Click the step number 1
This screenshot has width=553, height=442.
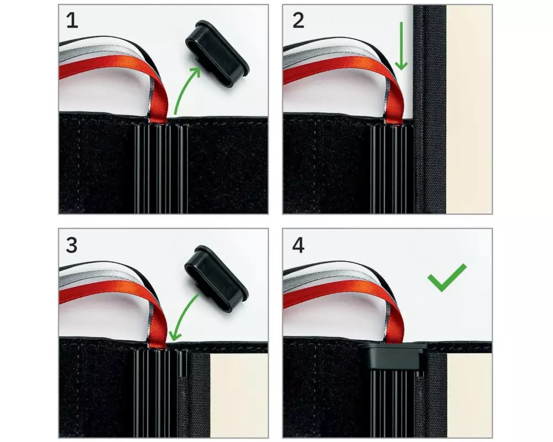coord(72,21)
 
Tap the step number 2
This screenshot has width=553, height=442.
coord(299,21)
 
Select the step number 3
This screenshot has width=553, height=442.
coord(71,245)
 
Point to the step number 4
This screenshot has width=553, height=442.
coord(299,245)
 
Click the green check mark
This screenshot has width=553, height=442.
coord(446,278)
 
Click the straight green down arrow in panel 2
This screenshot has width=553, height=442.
coord(401,46)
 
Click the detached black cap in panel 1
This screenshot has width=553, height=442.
coord(217,54)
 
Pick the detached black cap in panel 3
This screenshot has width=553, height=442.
coord(216,278)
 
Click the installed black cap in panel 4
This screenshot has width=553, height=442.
coord(392,355)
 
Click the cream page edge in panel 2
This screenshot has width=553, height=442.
coord(469,109)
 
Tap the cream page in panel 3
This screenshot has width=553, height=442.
coord(239,396)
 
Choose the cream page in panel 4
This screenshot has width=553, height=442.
coord(469,396)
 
